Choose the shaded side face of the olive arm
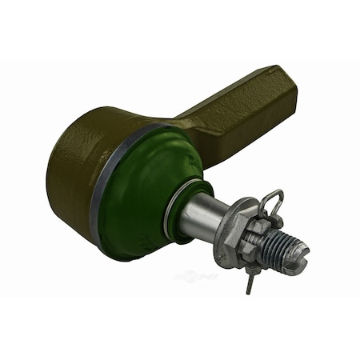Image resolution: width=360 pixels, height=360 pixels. click(x=240, y=132)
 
